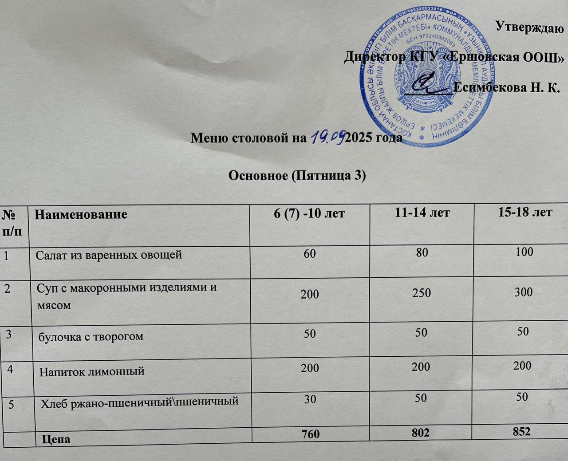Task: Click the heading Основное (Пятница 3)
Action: [x=296, y=176]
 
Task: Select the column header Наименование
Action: [x=81, y=214]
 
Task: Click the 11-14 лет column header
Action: [x=422, y=213]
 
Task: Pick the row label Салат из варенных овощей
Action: [x=109, y=255]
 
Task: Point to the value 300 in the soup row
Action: [x=524, y=292]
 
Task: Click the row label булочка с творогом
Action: [x=91, y=336]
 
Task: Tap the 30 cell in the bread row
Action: [x=310, y=399]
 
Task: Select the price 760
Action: [x=310, y=434]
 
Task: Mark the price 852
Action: [x=521, y=431]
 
